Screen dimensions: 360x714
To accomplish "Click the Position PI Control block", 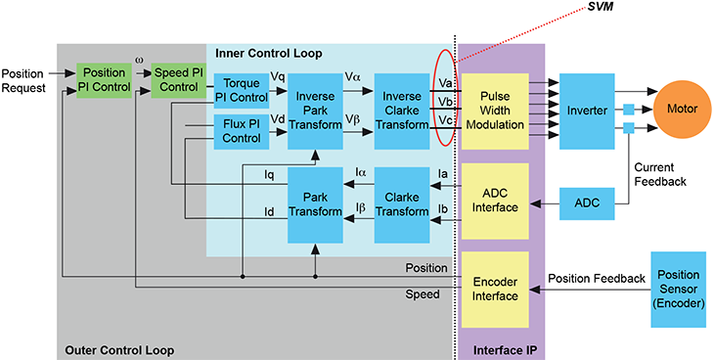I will click(103, 81).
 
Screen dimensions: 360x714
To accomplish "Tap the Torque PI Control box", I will click(240, 89).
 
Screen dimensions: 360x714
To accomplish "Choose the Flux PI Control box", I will click(240, 130).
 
